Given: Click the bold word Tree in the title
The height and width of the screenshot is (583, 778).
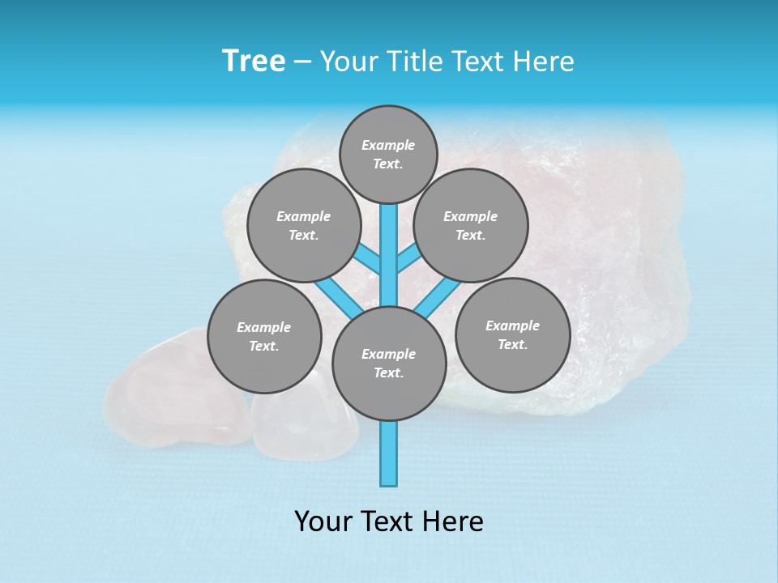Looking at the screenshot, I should tap(254, 61).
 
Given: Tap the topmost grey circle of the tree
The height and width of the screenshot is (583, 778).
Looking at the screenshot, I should tap(388, 154).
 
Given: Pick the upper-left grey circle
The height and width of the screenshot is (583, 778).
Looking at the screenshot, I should tap(303, 225).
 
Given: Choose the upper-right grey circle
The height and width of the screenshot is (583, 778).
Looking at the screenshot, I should tap(471, 225).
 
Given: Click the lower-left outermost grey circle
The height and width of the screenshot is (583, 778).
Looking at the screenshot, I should tap(264, 336).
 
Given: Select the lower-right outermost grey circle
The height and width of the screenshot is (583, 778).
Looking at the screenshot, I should tap(512, 334).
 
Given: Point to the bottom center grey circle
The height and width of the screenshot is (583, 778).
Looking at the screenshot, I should tap(389, 364).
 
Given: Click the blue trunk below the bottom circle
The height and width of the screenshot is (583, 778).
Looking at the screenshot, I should tap(389, 453).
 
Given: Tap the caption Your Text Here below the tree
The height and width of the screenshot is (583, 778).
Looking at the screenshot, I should tap(389, 521).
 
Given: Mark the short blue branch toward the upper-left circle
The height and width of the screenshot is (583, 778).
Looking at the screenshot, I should tap(368, 259).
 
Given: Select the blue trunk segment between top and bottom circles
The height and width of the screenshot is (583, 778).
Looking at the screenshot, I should tap(389, 255).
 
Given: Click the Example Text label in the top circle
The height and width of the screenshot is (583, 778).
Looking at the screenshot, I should tap(388, 154).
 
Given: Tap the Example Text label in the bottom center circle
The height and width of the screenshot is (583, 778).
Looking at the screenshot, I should tap(389, 364).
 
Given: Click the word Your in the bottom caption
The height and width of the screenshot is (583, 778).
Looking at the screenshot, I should tap(324, 521).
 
